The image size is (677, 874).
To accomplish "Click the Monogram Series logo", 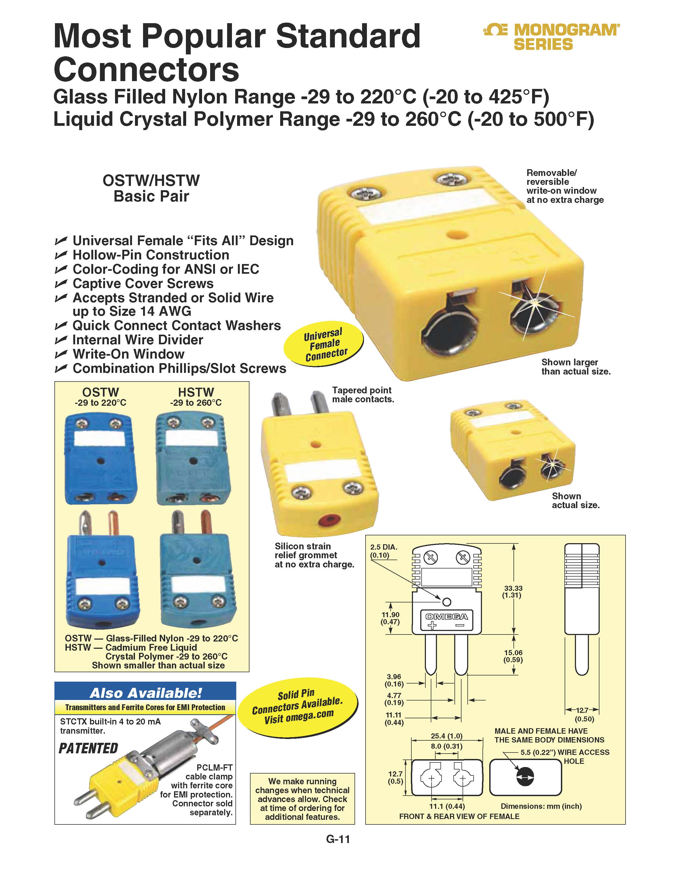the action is pyautogui.click(x=552, y=37).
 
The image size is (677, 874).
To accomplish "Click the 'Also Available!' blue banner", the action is pyautogui.click(x=145, y=693).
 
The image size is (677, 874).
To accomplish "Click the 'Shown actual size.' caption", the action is pyautogui.click(x=576, y=500).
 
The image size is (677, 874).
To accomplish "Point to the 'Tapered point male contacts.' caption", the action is pyautogui.click(x=363, y=395).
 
